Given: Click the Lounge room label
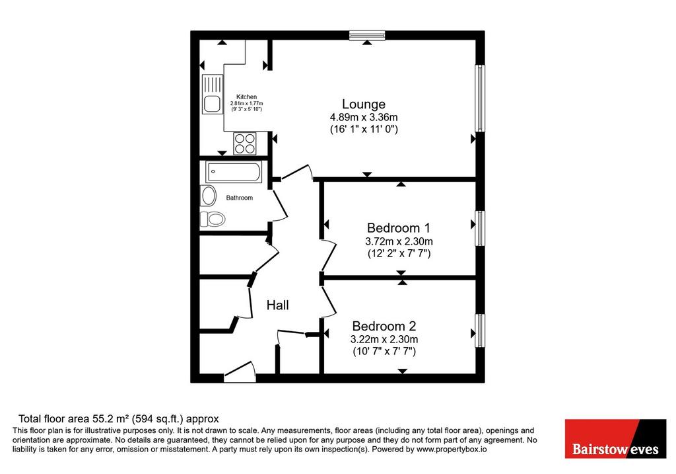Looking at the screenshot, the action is tap(364, 104).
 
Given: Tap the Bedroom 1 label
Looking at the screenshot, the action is tap(398, 228).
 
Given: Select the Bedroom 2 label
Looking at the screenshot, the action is tap(384, 326).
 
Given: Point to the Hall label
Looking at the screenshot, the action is tap(278, 305).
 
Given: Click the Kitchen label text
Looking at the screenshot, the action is tap(247, 97).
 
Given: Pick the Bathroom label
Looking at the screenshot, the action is tap(240, 198).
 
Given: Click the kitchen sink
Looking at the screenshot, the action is tap(212, 94).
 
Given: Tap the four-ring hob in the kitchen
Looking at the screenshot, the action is tap(245, 143).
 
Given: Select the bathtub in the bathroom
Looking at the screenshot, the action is tap(234, 172).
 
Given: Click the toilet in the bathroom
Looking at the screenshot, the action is tap(213, 219).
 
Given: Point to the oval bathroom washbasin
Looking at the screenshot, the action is tap(209, 196).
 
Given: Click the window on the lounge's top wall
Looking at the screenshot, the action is tap(367, 35).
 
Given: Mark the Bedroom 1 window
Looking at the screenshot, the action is tap(480, 228).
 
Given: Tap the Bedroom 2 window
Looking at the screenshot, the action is tap(480, 331).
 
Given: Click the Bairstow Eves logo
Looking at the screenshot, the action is tap(616, 438).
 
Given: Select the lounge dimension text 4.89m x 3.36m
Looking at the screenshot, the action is tap(364, 117).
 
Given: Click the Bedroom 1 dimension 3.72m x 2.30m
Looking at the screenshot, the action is tap(399, 241).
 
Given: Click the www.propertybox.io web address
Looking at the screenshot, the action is tap(452, 450).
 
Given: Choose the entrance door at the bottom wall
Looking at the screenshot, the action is tap(240, 372).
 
